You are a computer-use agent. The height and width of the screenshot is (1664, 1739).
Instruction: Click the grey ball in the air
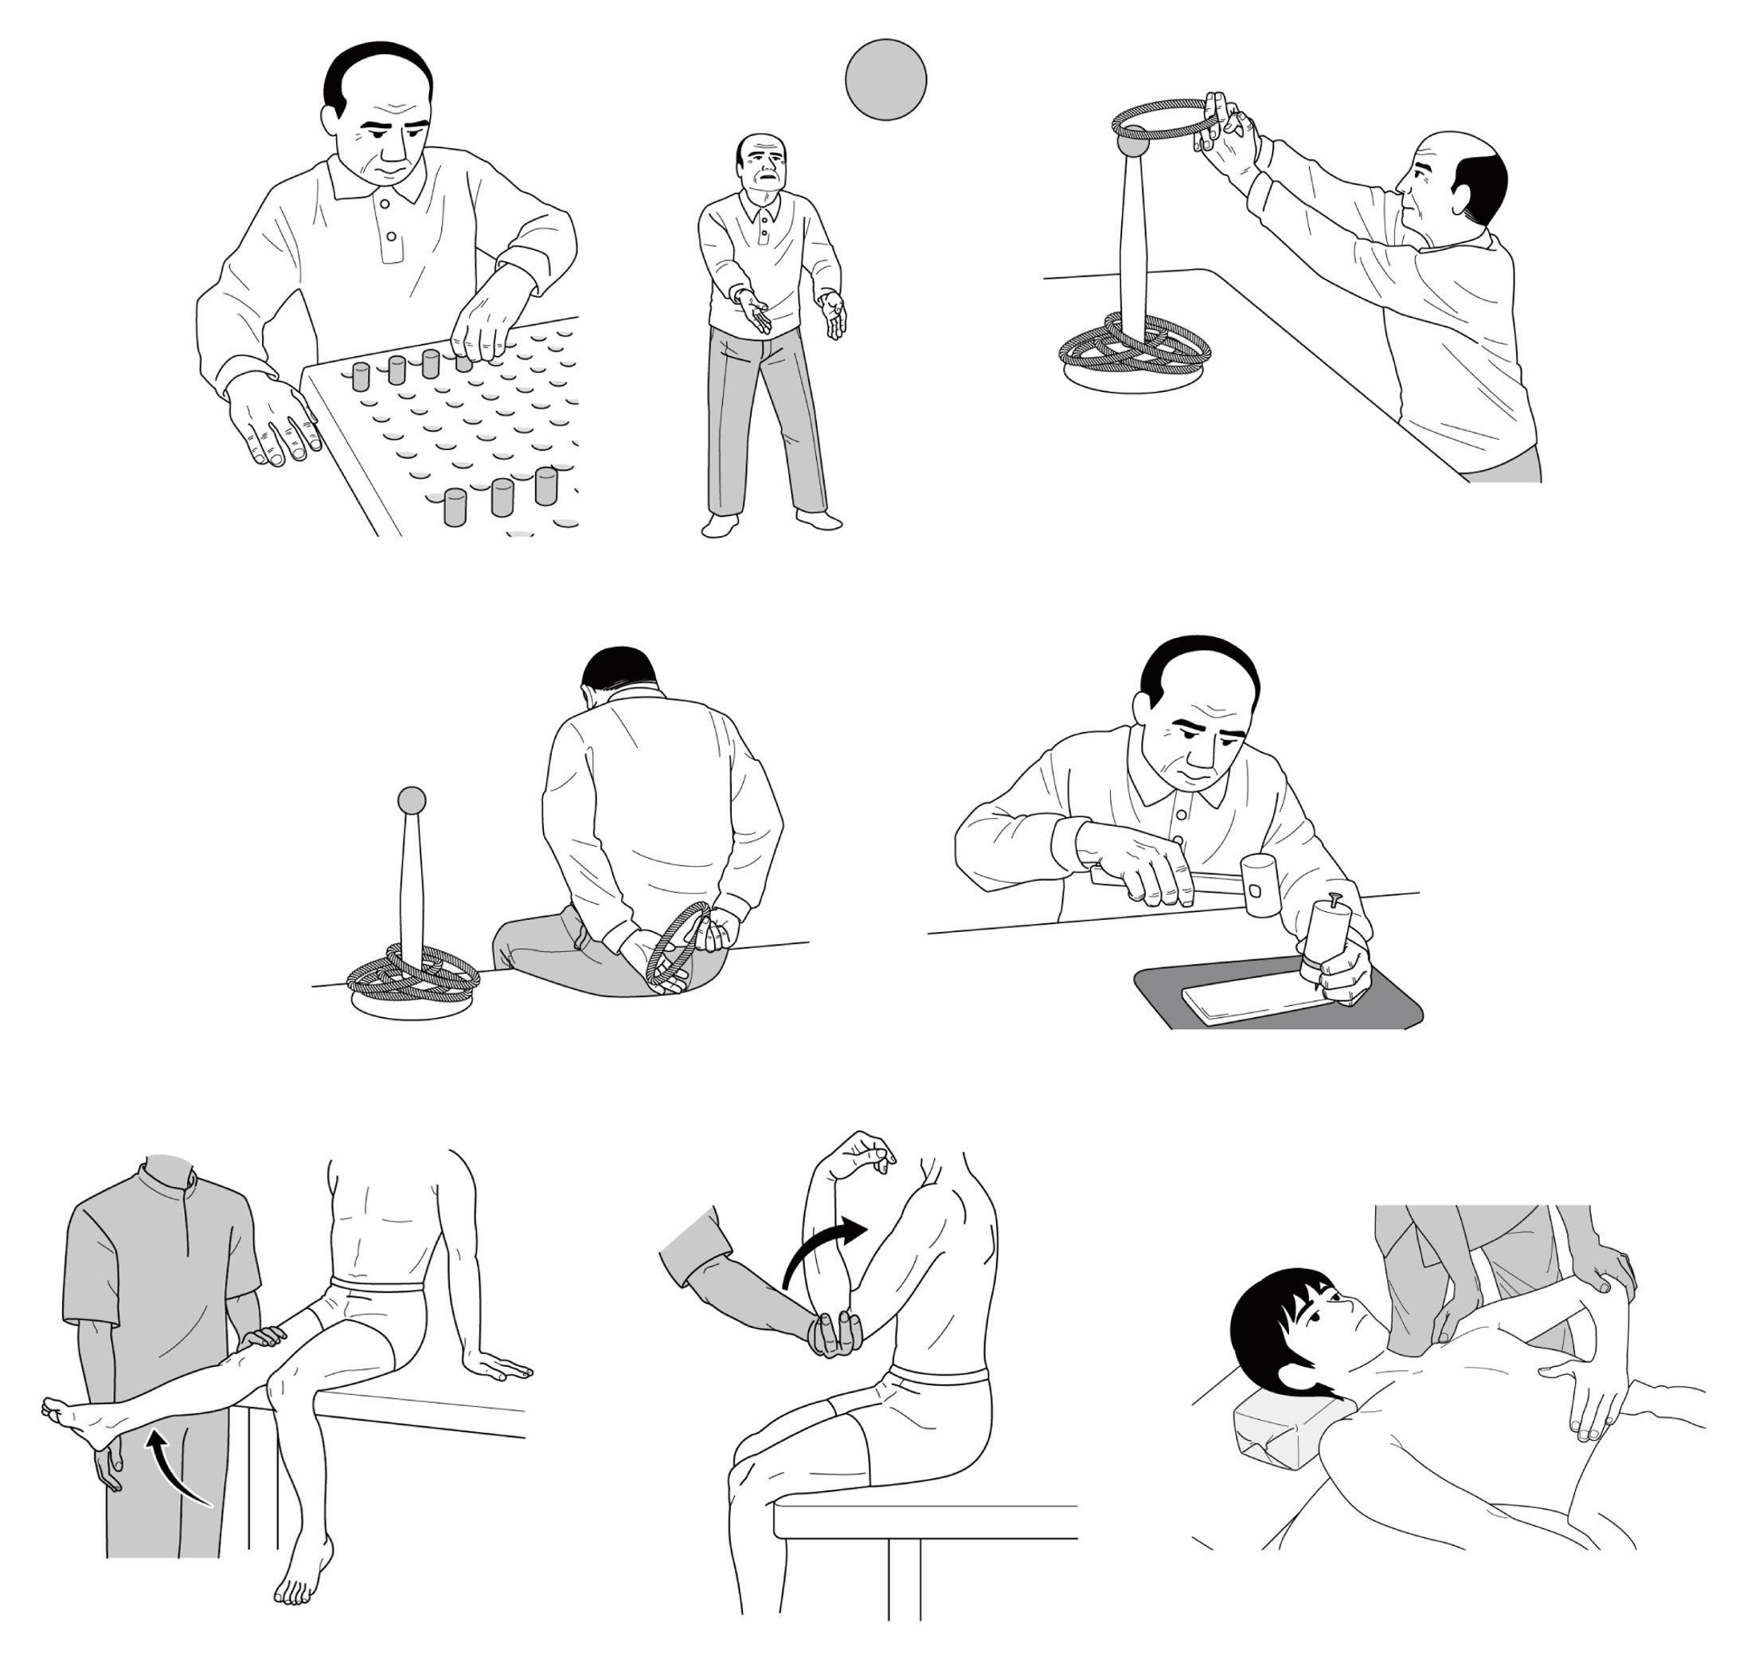[x=884, y=79]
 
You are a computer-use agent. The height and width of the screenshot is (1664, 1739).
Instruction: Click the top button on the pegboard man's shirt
[x=383, y=203]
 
